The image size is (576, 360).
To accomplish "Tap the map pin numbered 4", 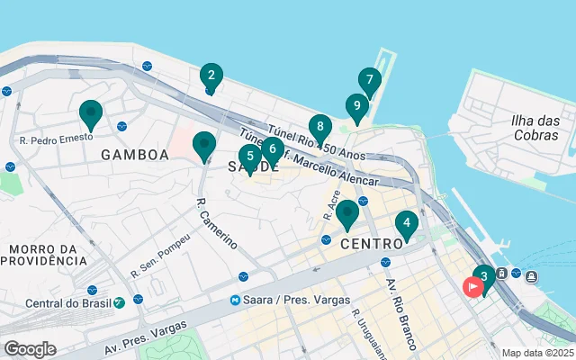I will [x=407, y=224].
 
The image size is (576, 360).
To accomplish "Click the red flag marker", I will [x=472, y=287].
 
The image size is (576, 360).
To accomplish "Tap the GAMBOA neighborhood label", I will [x=135, y=155].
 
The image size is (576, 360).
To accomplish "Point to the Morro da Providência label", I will [x=43, y=254].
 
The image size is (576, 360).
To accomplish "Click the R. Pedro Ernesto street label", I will [x=57, y=140].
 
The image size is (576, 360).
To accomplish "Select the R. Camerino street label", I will [x=216, y=222].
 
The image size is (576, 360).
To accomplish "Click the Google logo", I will [x=30, y=349].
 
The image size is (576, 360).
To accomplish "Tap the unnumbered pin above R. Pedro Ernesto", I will [x=91, y=114].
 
